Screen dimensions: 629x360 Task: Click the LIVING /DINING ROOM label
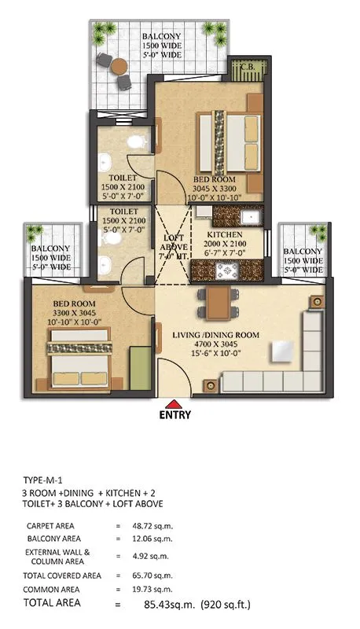[x=215, y=335]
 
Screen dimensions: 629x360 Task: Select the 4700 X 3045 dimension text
[x=215, y=344]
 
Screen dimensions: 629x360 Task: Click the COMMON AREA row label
[x=53, y=589]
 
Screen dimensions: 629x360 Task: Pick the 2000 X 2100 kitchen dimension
[x=229, y=244]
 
